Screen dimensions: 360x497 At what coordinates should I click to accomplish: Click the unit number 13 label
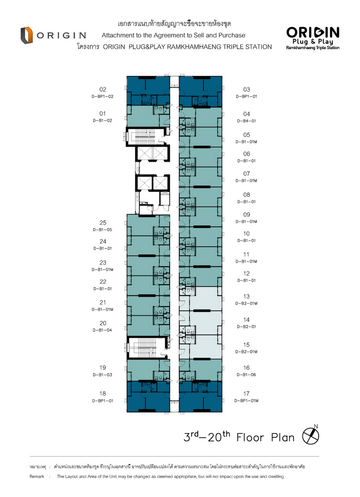tap(246, 296)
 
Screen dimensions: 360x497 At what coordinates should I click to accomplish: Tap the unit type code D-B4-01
tap(246, 121)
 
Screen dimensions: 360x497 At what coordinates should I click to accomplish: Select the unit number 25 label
tap(103, 223)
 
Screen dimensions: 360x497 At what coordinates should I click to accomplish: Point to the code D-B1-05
tap(102, 230)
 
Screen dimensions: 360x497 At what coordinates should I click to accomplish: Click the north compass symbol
tap(310, 436)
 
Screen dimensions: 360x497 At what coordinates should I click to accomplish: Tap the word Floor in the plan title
tap(250, 438)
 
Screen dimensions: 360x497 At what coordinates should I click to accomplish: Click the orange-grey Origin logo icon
tap(27, 35)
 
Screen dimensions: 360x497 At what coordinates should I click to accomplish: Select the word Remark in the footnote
tap(37, 476)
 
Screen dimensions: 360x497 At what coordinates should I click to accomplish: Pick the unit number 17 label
tap(246, 394)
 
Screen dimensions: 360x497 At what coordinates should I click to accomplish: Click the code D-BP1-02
tap(102, 97)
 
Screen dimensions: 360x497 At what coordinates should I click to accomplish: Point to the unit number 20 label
tap(103, 323)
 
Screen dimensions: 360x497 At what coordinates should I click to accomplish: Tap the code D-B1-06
tap(246, 375)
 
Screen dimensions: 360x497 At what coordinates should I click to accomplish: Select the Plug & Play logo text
tap(313, 41)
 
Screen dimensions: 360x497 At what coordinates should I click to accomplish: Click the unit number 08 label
tap(247, 195)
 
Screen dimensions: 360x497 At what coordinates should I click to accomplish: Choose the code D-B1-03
tap(102, 375)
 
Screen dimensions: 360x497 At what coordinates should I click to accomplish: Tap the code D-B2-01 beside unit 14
tap(246, 327)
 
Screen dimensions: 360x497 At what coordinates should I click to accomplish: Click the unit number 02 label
tap(103, 89)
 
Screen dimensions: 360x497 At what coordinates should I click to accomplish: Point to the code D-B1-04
tap(102, 330)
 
